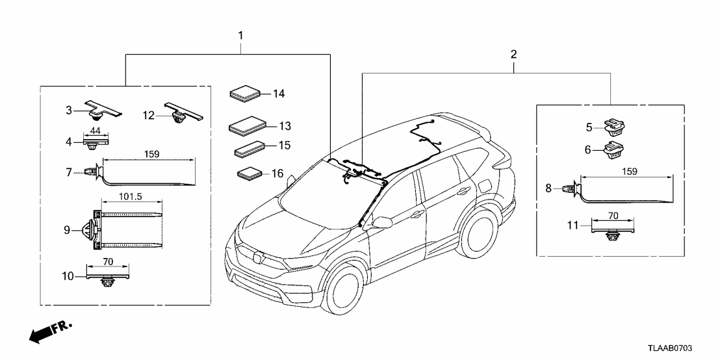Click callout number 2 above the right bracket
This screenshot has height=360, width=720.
(x=513, y=53)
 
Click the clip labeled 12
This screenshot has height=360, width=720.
(x=183, y=112)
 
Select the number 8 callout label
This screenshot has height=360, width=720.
(x=548, y=188)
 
